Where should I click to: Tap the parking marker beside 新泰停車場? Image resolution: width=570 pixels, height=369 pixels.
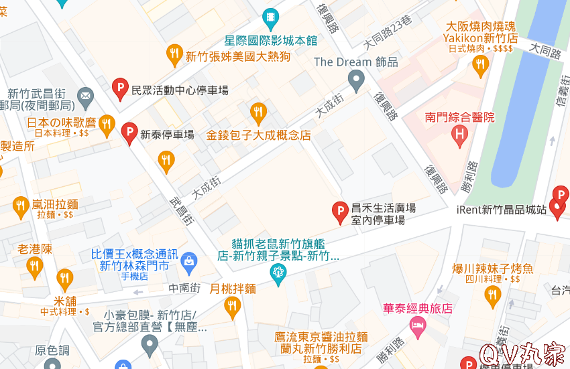(x=129, y=133)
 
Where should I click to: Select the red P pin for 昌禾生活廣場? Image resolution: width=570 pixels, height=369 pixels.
(x=340, y=211)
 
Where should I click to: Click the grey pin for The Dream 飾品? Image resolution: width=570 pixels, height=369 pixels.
(x=357, y=82)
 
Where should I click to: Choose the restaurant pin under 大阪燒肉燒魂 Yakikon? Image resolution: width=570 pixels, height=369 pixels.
(x=480, y=65)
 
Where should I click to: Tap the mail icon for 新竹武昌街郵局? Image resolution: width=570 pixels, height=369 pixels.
(x=86, y=97)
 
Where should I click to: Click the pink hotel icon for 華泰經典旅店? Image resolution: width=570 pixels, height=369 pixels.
(x=418, y=327)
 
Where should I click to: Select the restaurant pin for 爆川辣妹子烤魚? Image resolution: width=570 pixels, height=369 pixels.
(x=492, y=295)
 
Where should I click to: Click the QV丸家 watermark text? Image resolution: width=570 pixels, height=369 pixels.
(x=522, y=352)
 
